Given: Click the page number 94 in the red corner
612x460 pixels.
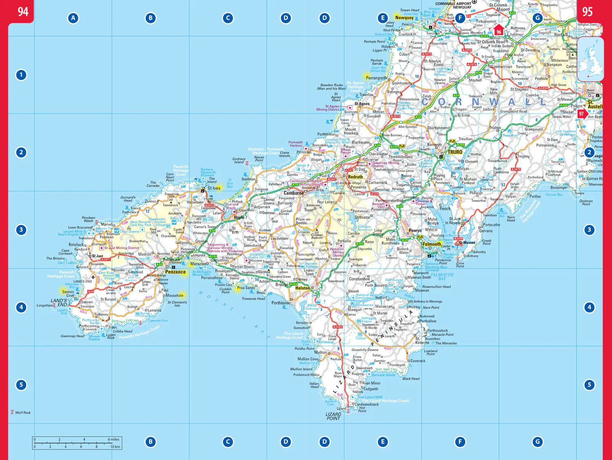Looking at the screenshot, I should coord(23,11).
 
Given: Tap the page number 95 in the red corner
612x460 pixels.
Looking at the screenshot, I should coord(587,11).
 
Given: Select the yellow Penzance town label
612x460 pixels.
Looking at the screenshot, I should coord(175,272).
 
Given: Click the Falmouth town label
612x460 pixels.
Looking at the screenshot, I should coord(432,244).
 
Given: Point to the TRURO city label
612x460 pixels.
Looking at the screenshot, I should coord(455,152).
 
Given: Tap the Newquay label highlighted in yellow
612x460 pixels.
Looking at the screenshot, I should coord(404,18).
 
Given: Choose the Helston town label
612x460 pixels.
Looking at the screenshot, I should coord(302,288).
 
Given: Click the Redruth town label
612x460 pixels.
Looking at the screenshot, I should coord(355,177).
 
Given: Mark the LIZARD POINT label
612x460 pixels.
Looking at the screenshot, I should coord(333,416).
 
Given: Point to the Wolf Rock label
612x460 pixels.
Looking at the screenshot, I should coord(23,413).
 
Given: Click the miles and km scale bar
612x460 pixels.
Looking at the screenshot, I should coord(77,443).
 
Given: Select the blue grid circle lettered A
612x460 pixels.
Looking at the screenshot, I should coord(73,18).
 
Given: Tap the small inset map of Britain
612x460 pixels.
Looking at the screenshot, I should coord(590,60).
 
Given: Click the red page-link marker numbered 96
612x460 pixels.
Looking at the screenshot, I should coord(499,31).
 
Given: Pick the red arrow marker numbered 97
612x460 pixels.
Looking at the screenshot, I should coord(582,114).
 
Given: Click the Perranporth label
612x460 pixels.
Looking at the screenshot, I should coord(376,78).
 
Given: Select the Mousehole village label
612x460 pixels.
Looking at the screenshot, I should coord(175,296).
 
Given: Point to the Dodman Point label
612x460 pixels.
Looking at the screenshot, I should coord(586,202).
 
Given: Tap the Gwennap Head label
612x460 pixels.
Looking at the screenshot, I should coord(73,336).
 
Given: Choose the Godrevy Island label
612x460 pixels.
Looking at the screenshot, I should coord(239,160).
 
